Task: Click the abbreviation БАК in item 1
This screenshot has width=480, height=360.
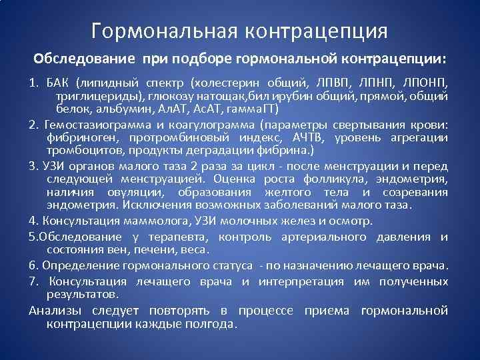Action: tap(57, 83)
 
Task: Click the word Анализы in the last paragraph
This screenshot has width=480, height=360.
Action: tap(55, 311)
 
